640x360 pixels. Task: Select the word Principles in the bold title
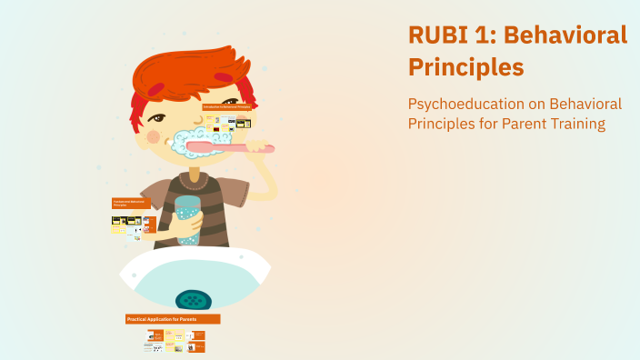point(465,67)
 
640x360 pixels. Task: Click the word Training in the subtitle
point(575,124)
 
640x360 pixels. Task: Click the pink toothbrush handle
point(232,145)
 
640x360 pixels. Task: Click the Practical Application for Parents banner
point(173,319)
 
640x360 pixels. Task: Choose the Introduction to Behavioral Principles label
point(226,107)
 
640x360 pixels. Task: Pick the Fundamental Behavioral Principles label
point(131,205)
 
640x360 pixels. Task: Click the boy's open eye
point(160,119)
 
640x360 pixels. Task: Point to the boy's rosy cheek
point(154,137)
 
